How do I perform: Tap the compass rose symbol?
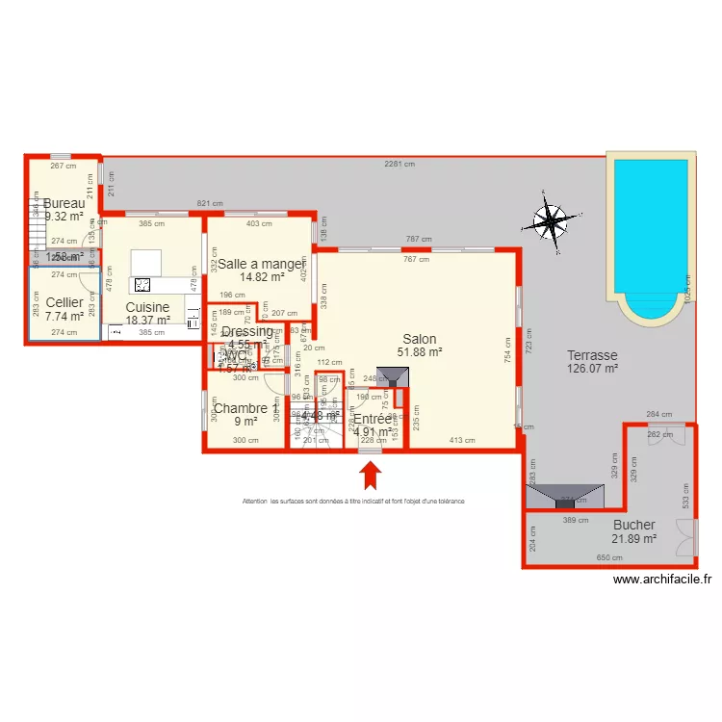click(550, 221)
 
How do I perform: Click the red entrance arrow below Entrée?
click(370, 475)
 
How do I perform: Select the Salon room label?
click(420, 339)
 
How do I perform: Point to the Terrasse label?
click(591, 354)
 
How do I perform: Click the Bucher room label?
click(634, 525)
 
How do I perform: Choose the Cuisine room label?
click(147, 307)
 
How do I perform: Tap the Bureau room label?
click(64, 204)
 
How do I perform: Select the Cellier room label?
click(64, 302)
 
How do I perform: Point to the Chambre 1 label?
click(245, 408)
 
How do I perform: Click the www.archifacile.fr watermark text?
click(662, 579)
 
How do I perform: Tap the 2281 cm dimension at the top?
click(399, 164)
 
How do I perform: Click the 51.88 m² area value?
click(421, 352)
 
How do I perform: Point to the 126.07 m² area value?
click(591, 368)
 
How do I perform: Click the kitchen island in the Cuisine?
click(147, 261)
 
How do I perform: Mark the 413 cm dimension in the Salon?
click(462, 440)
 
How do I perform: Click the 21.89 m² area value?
click(633, 538)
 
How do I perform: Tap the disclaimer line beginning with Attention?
click(353, 502)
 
